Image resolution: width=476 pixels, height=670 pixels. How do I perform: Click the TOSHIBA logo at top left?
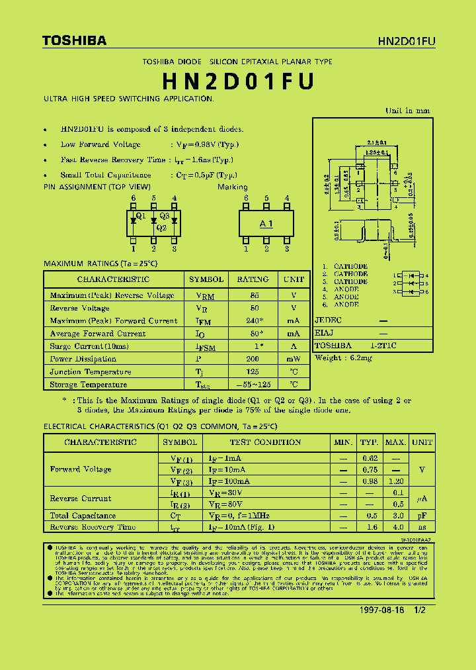(x=74, y=40)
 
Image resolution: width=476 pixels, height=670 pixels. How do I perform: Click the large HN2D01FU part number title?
(x=238, y=81)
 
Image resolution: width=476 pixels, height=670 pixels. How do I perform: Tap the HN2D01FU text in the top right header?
(x=407, y=41)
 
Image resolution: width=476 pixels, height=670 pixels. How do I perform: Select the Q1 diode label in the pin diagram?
(x=140, y=216)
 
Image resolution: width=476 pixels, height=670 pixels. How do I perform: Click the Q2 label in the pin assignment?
(x=161, y=228)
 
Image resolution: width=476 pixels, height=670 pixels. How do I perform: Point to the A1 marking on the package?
(x=266, y=224)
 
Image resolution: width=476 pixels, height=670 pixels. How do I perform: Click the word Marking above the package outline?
(x=233, y=187)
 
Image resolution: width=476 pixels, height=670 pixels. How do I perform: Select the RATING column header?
(x=253, y=279)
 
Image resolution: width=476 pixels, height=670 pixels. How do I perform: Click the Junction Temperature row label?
(x=91, y=371)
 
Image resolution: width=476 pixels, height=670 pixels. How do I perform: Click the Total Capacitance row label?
(x=83, y=515)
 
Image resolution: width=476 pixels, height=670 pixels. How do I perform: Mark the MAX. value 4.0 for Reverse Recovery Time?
(x=395, y=527)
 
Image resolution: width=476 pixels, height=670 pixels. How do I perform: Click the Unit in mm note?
(x=407, y=111)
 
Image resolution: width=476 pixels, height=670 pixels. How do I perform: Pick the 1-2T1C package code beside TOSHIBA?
(x=383, y=346)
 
